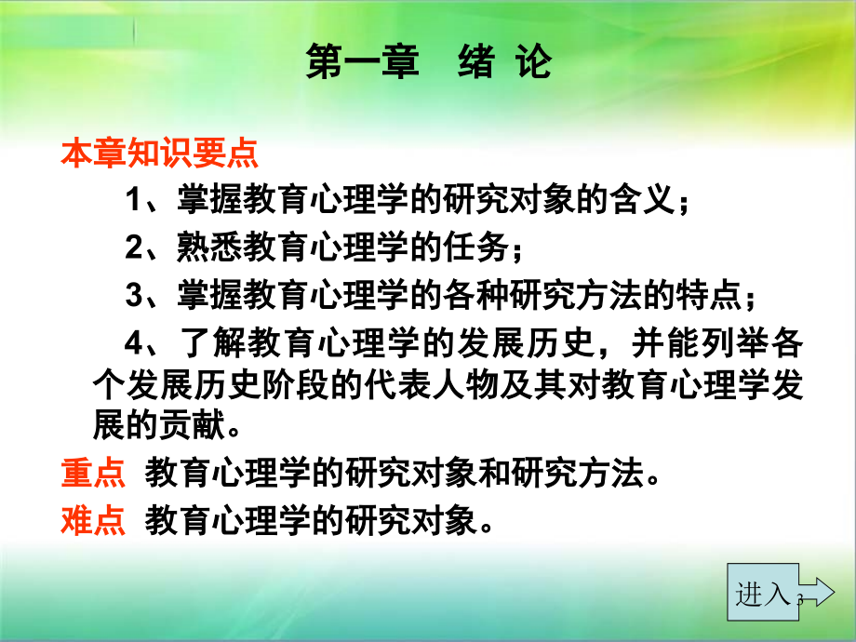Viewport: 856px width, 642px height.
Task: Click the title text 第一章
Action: (x=363, y=61)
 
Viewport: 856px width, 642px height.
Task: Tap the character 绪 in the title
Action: (x=476, y=61)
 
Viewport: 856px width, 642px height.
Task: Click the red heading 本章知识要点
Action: (x=159, y=153)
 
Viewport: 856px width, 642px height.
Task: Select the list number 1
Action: (x=133, y=199)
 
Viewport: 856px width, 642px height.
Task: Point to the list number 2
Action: (x=134, y=247)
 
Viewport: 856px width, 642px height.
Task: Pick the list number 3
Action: (x=134, y=295)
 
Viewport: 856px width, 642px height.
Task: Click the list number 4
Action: (x=134, y=343)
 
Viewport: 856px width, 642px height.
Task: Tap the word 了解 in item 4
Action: (x=214, y=343)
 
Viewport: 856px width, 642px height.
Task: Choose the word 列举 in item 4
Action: (x=736, y=343)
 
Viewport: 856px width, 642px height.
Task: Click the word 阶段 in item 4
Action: (x=296, y=385)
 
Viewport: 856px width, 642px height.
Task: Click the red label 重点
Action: (x=93, y=473)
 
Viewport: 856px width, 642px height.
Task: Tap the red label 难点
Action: (x=93, y=520)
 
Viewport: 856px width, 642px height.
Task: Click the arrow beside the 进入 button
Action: (x=817, y=593)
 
